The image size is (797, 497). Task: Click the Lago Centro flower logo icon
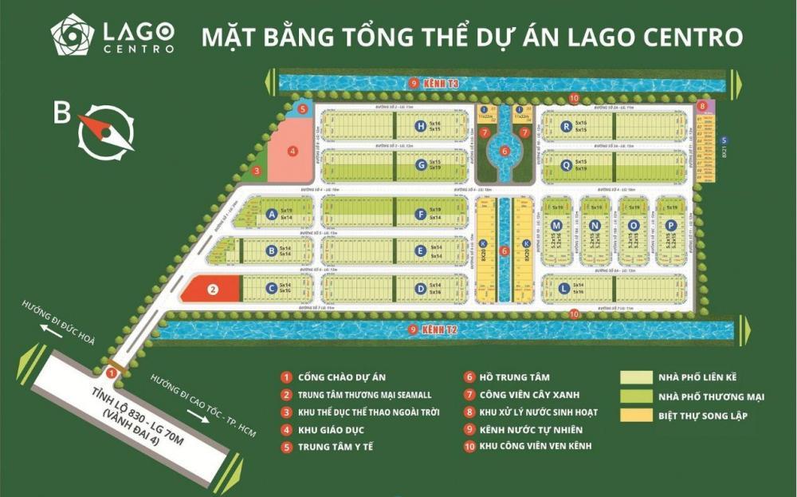(x=73, y=35)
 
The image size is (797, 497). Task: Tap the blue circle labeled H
(x=420, y=125)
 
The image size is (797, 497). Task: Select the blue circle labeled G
(x=420, y=165)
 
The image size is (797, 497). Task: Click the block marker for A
(x=272, y=214)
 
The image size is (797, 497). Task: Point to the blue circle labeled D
(x=420, y=289)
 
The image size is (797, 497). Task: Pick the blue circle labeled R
(x=566, y=125)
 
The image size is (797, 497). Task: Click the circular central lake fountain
(x=504, y=148)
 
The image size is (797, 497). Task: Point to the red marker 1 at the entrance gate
(x=112, y=372)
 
